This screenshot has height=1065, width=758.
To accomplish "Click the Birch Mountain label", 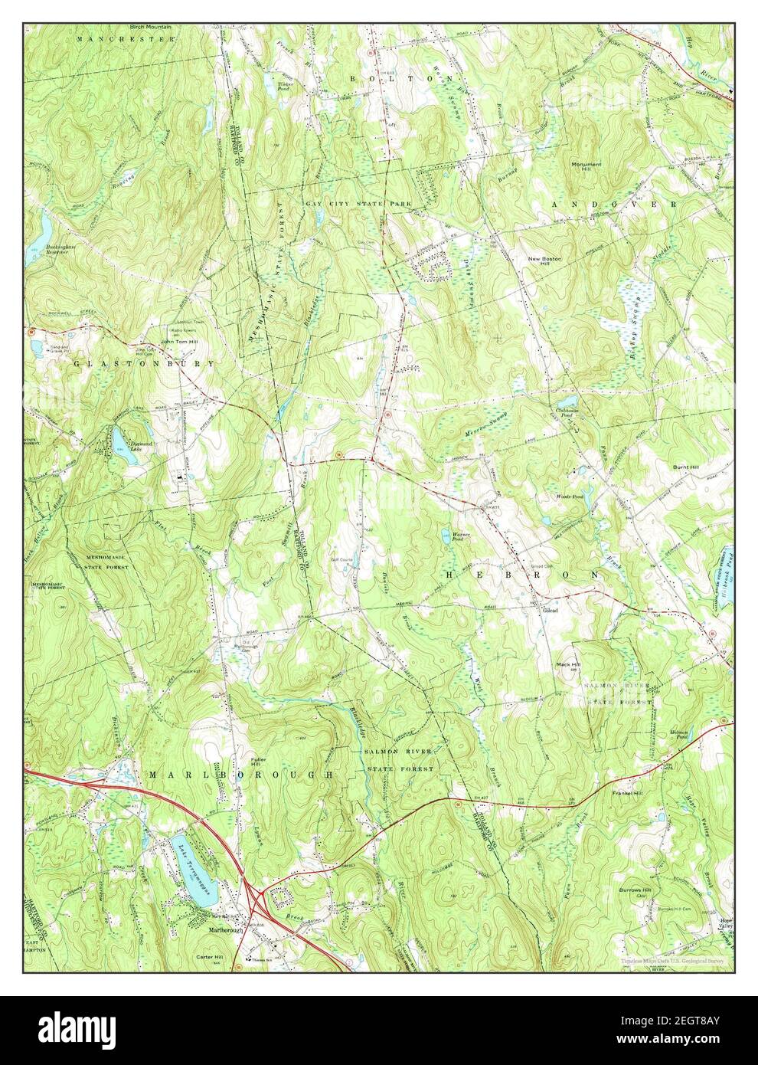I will (x=150, y=26).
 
